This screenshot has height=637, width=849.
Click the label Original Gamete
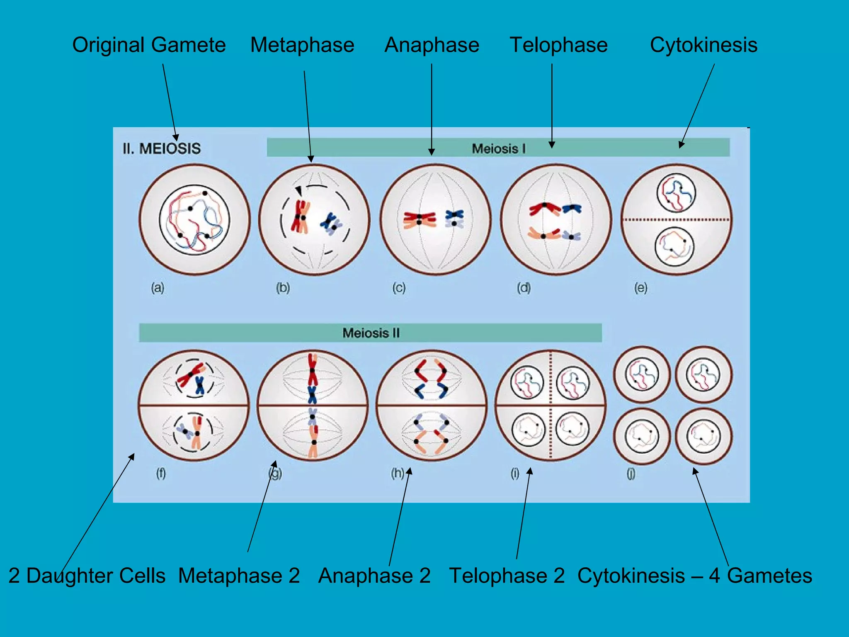click(x=149, y=45)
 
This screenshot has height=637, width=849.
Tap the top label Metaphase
click(x=302, y=45)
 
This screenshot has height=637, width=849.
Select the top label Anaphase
click(x=432, y=45)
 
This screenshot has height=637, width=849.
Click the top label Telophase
click(x=558, y=45)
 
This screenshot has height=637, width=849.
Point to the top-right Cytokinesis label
click(x=703, y=45)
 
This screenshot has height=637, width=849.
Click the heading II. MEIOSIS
click(x=162, y=148)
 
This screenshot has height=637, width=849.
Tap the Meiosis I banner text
click(x=499, y=148)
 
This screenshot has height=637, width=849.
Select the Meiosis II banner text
click(x=371, y=333)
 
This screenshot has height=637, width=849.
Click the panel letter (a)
click(x=158, y=287)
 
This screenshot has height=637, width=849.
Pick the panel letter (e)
click(x=640, y=287)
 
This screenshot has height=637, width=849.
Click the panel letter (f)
click(x=161, y=473)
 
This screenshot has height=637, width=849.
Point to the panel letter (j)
click(x=631, y=473)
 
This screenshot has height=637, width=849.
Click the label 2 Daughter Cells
click(x=87, y=576)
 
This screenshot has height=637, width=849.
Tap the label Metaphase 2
click(x=239, y=576)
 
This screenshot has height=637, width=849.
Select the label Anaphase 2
click(x=374, y=576)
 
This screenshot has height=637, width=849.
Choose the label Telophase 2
click(x=507, y=576)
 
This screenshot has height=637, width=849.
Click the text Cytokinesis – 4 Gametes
click(x=694, y=576)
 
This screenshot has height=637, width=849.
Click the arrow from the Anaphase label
click(x=432, y=108)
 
